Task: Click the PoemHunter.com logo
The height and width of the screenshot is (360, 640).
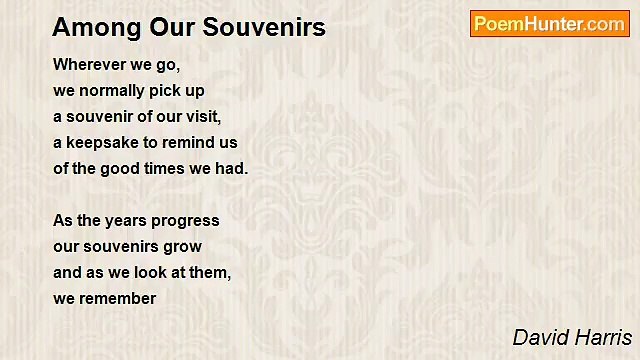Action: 549,24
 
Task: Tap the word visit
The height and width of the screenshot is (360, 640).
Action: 202,116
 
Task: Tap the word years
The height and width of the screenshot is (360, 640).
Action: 125,220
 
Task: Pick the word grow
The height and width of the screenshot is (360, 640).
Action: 184,246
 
